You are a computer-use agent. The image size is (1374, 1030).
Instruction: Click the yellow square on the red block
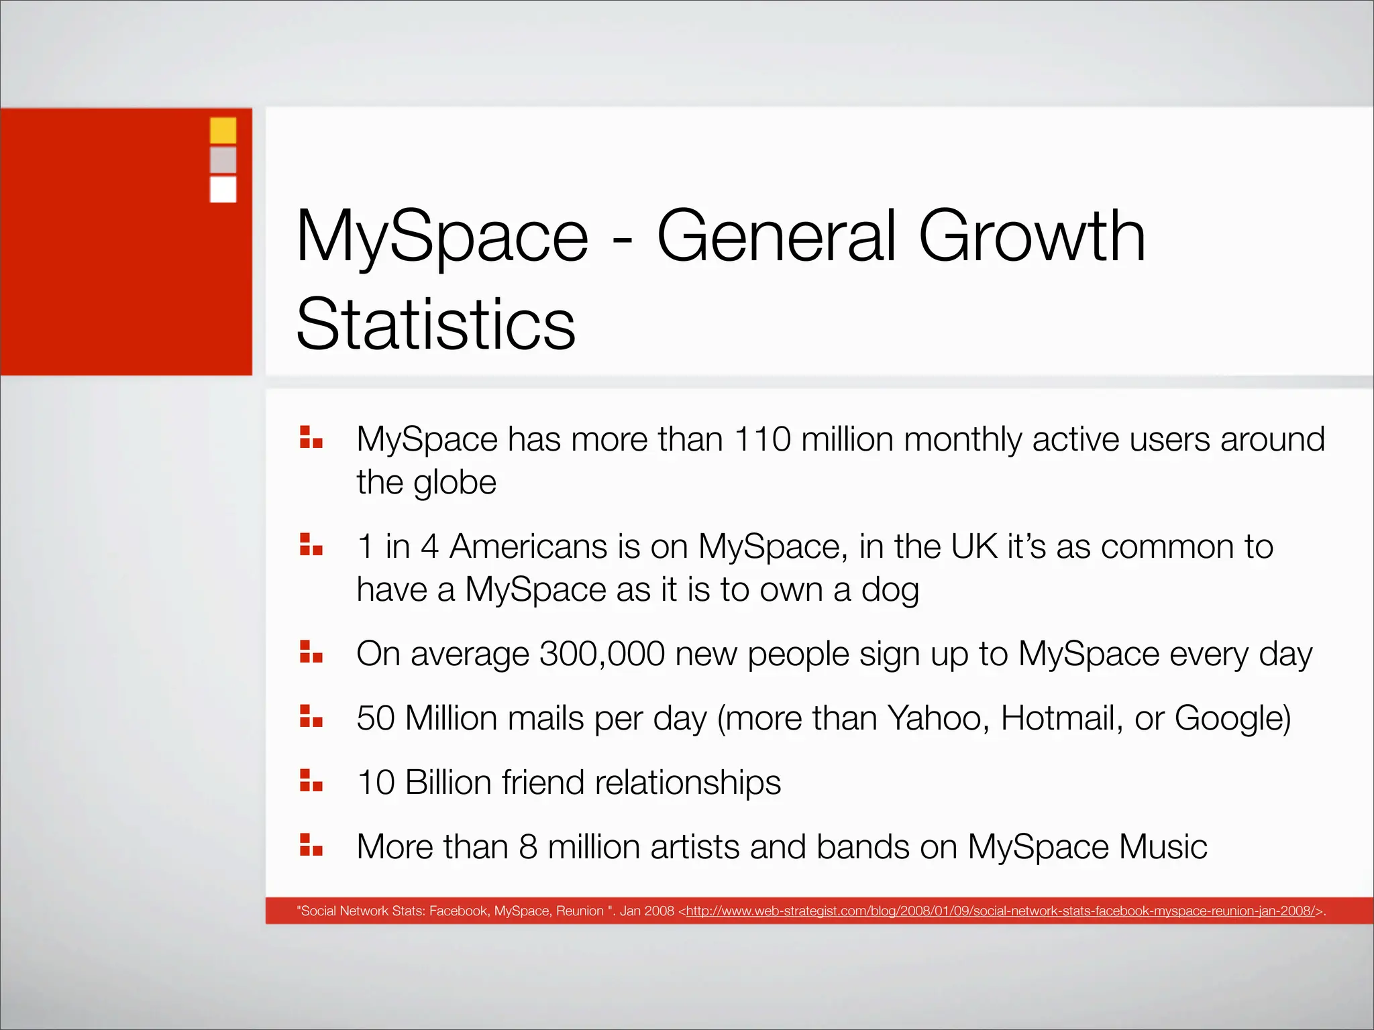click(223, 130)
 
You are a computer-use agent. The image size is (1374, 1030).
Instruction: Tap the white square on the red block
click(223, 189)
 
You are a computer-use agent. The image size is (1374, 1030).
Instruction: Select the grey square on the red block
click(223, 160)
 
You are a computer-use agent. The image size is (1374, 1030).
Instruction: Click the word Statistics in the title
click(436, 325)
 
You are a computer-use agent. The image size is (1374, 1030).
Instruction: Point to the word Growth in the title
click(1032, 236)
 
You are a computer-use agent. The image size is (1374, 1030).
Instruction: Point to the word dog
click(890, 590)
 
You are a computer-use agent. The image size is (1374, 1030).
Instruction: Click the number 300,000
click(602, 654)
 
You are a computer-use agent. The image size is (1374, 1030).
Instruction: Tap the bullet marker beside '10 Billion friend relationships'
click(311, 781)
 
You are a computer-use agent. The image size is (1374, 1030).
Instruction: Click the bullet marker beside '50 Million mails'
click(311, 716)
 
